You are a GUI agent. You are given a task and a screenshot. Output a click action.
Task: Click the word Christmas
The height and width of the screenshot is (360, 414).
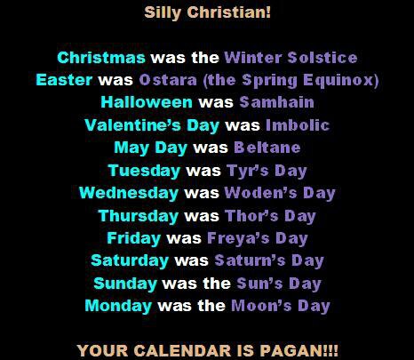(x=101, y=58)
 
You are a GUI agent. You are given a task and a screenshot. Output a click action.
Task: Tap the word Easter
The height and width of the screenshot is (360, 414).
(x=64, y=80)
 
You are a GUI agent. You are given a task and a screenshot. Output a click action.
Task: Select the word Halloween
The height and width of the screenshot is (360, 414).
(x=147, y=102)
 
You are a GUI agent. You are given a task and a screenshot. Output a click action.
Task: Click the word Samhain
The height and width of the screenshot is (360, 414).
(x=276, y=102)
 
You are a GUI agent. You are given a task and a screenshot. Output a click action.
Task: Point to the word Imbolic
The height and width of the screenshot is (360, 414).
(x=298, y=125)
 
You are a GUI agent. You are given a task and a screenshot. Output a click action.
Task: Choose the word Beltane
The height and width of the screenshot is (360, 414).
(x=267, y=148)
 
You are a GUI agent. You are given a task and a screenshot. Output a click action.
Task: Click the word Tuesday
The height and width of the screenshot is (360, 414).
(x=144, y=171)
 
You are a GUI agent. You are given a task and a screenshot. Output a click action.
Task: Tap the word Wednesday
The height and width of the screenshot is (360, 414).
(x=129, y=193)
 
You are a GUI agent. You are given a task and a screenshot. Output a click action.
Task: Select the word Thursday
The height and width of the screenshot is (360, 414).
(x=139, y=216)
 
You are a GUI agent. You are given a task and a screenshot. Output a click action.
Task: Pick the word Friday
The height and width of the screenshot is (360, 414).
(x=134, y=238)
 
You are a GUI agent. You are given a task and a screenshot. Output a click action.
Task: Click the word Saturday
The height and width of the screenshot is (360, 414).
(x=130, y=261)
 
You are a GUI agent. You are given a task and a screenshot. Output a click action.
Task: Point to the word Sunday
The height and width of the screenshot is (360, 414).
(x=125, y=284)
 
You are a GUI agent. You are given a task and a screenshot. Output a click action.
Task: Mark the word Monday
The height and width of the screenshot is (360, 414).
(x=118, y=306)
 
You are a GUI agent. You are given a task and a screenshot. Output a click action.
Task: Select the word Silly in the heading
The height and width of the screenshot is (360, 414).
(x=163, y=13)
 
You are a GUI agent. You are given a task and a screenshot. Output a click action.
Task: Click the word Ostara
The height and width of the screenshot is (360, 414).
(x=168, y=80)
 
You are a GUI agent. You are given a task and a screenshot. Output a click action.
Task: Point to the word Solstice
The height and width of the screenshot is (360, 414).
(x=322, y=58)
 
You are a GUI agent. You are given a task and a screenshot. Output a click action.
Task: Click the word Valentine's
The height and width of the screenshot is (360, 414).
(x=132, y=125)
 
